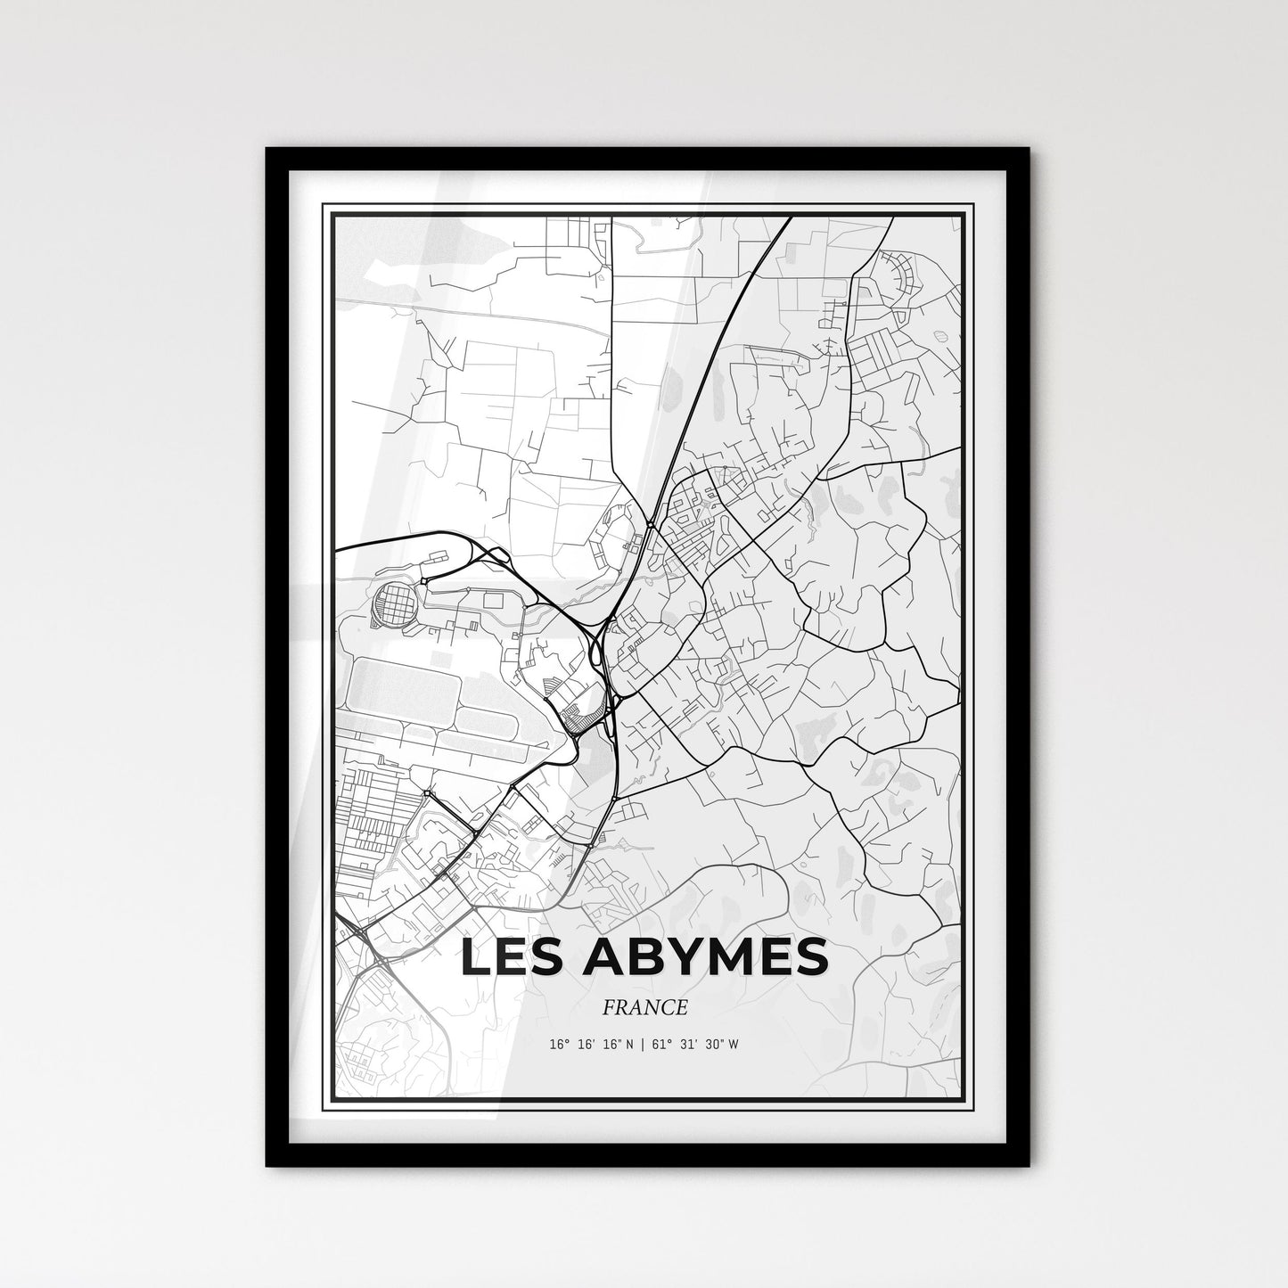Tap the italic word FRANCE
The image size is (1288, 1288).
644,1007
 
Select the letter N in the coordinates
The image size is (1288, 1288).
629,1045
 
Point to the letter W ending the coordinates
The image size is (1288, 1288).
734,1045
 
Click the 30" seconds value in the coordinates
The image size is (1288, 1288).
712,1045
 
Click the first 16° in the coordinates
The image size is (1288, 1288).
559,1045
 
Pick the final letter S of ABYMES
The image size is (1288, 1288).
808,958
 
